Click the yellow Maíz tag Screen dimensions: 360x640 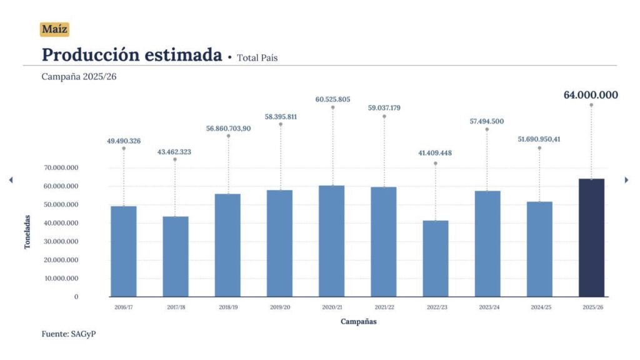click(54, 29)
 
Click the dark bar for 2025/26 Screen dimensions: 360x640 click(591, 237)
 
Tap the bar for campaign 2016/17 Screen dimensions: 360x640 click(124, 251)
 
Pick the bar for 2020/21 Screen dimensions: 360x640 click(331, 241)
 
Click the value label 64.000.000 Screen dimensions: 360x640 click(591, 95)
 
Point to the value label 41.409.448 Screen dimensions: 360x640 click(435, 152)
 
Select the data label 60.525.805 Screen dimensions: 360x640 click(332, 99)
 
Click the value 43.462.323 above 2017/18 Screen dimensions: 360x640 click(175, 152)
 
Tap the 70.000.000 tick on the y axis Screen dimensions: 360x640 click(61, 167)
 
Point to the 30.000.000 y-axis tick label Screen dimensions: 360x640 click(61, 241)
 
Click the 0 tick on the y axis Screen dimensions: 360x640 click(76, 296)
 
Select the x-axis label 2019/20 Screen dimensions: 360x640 click(280, 307)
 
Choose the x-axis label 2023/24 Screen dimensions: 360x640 click(487, 307)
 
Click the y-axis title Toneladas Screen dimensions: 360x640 click(27, 232)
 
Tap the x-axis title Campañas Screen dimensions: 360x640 click(359, 321)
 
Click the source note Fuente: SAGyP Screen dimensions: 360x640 click(69, 334)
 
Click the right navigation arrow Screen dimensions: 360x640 click(626, 180)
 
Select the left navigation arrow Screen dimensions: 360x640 click(11, 180)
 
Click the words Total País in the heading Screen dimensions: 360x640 click(257, 57)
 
